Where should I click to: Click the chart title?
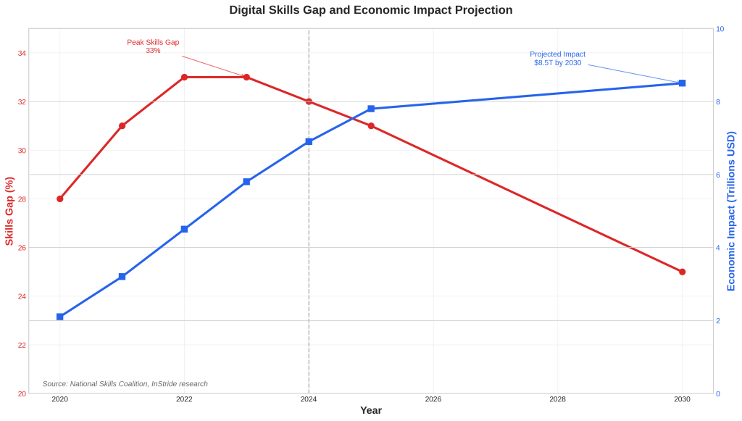coord(370,10)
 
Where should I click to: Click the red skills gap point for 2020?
coord(60,199)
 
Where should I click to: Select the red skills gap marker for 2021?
coord(122,126)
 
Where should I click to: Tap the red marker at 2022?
coord(184,77)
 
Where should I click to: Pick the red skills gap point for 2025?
coord(371,126)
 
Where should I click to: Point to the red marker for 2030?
coord(682,272)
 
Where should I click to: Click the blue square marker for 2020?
coord(60,317)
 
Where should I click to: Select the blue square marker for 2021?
coord(122,277)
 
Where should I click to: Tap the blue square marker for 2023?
coord(246,182)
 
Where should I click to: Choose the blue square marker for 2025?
coord(371,109)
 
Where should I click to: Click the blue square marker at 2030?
coord(682,83)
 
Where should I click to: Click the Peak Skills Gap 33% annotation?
coord(153,46)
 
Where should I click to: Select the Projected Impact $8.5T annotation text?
coord(557,59)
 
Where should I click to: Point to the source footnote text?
coord(125,384)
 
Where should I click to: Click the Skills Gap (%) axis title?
coord(9,211)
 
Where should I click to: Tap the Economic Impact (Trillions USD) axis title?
coord(730,211)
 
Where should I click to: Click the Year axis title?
coord(371,411)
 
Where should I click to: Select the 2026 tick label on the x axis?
coord(433,399)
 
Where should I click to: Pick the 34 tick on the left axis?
coord(22,53)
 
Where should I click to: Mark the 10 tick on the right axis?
coord(720,29)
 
